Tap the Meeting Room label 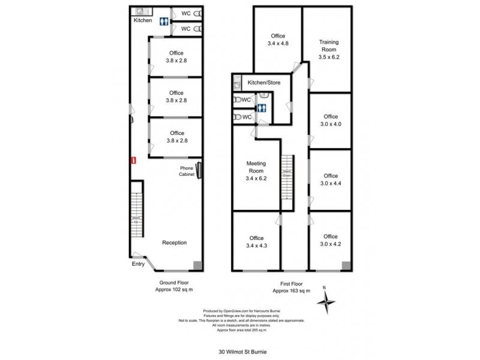(256, 170)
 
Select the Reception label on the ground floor (175, 243)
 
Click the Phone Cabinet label (186, 171)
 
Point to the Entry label (139, 263)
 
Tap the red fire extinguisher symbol (134, 160)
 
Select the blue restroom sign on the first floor (261, 109)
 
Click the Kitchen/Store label (265, 82)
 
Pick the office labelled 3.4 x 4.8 (277, 40)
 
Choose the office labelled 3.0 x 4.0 (331, 121)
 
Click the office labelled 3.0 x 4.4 (331, 179)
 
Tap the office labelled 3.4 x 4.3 (256, 241)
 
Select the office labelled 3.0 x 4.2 (331, 240)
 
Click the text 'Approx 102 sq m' (175, 289)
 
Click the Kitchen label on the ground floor (143, 20)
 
